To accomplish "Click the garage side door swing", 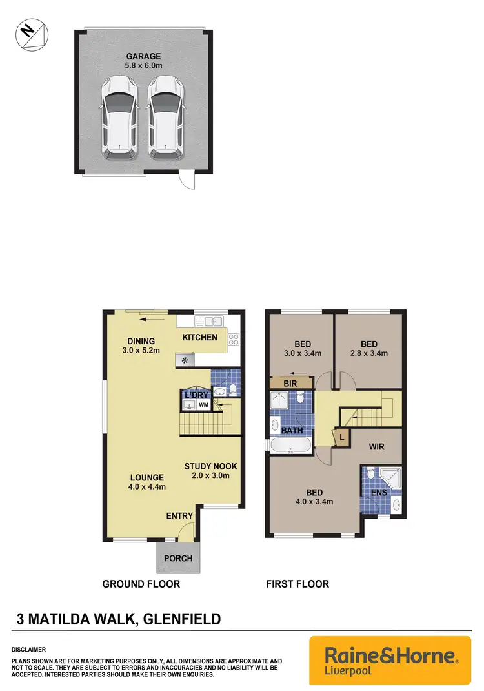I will [186, 180].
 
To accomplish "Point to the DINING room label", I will [141, 342].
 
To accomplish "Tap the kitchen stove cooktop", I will [234, 337].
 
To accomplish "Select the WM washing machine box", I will [203, 405].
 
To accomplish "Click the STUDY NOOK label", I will [210, 466].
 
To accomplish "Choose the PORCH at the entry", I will [177, 558].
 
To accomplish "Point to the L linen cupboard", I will [341, 437].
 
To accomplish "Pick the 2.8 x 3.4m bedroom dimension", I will [368, 353].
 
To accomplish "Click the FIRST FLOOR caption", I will [297, 584].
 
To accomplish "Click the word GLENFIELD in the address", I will [184, 619].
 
